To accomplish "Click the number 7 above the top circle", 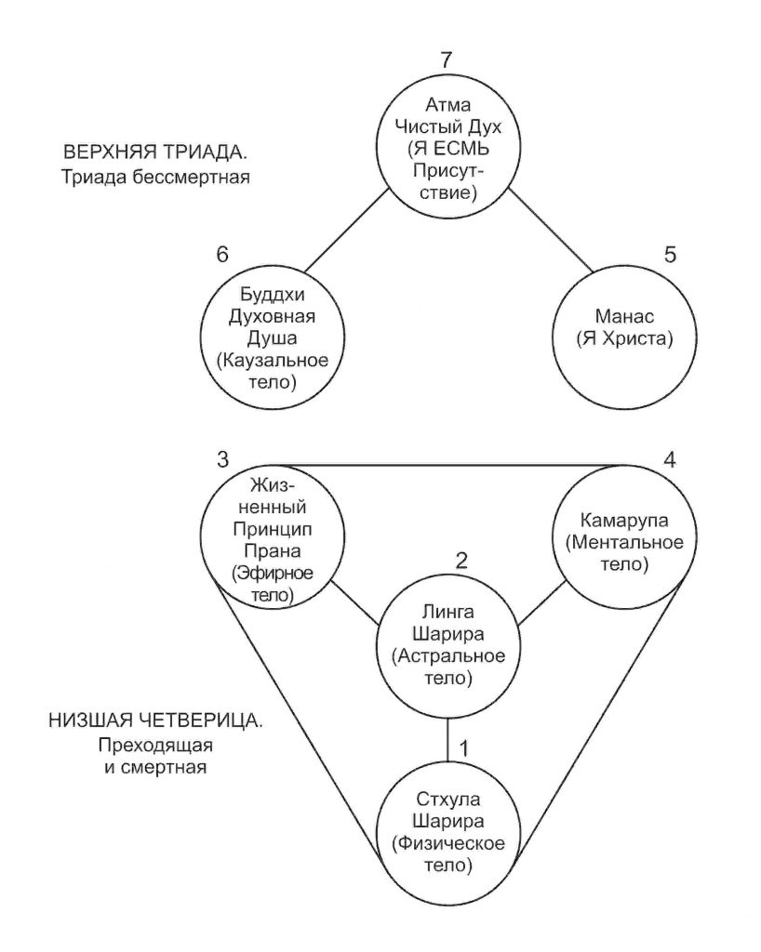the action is (x=447, y=59).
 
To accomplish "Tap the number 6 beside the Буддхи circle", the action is (x=222, y=254).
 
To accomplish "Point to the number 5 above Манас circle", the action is (x=670, y=254).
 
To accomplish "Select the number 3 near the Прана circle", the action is (x=223, y=459).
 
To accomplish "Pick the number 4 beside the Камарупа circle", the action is (x=669, y=459).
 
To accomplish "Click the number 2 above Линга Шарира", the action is (x=461, y=560).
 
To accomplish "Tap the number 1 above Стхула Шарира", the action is (x=463, y=748).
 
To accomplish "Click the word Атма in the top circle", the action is (x=447, y=104).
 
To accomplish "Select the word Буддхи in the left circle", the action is (x=272, y=295).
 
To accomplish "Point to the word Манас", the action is (x=624, y=316).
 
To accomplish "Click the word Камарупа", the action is (x=624, y=521).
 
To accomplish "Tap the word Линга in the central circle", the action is (x=448, y=612).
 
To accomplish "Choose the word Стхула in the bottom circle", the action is (x=448, y=799).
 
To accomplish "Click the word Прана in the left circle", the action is (x=272, y=551).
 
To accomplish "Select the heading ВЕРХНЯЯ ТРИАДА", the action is (x=155, y=152).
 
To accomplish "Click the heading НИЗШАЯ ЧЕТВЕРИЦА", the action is (x=155, y=721).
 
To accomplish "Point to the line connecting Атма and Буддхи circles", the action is (x=346, y=231).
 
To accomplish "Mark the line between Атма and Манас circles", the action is (x=550, y=231).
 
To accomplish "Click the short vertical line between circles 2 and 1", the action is (x=447, y=739).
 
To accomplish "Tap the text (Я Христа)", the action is (x=624, y=338).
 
